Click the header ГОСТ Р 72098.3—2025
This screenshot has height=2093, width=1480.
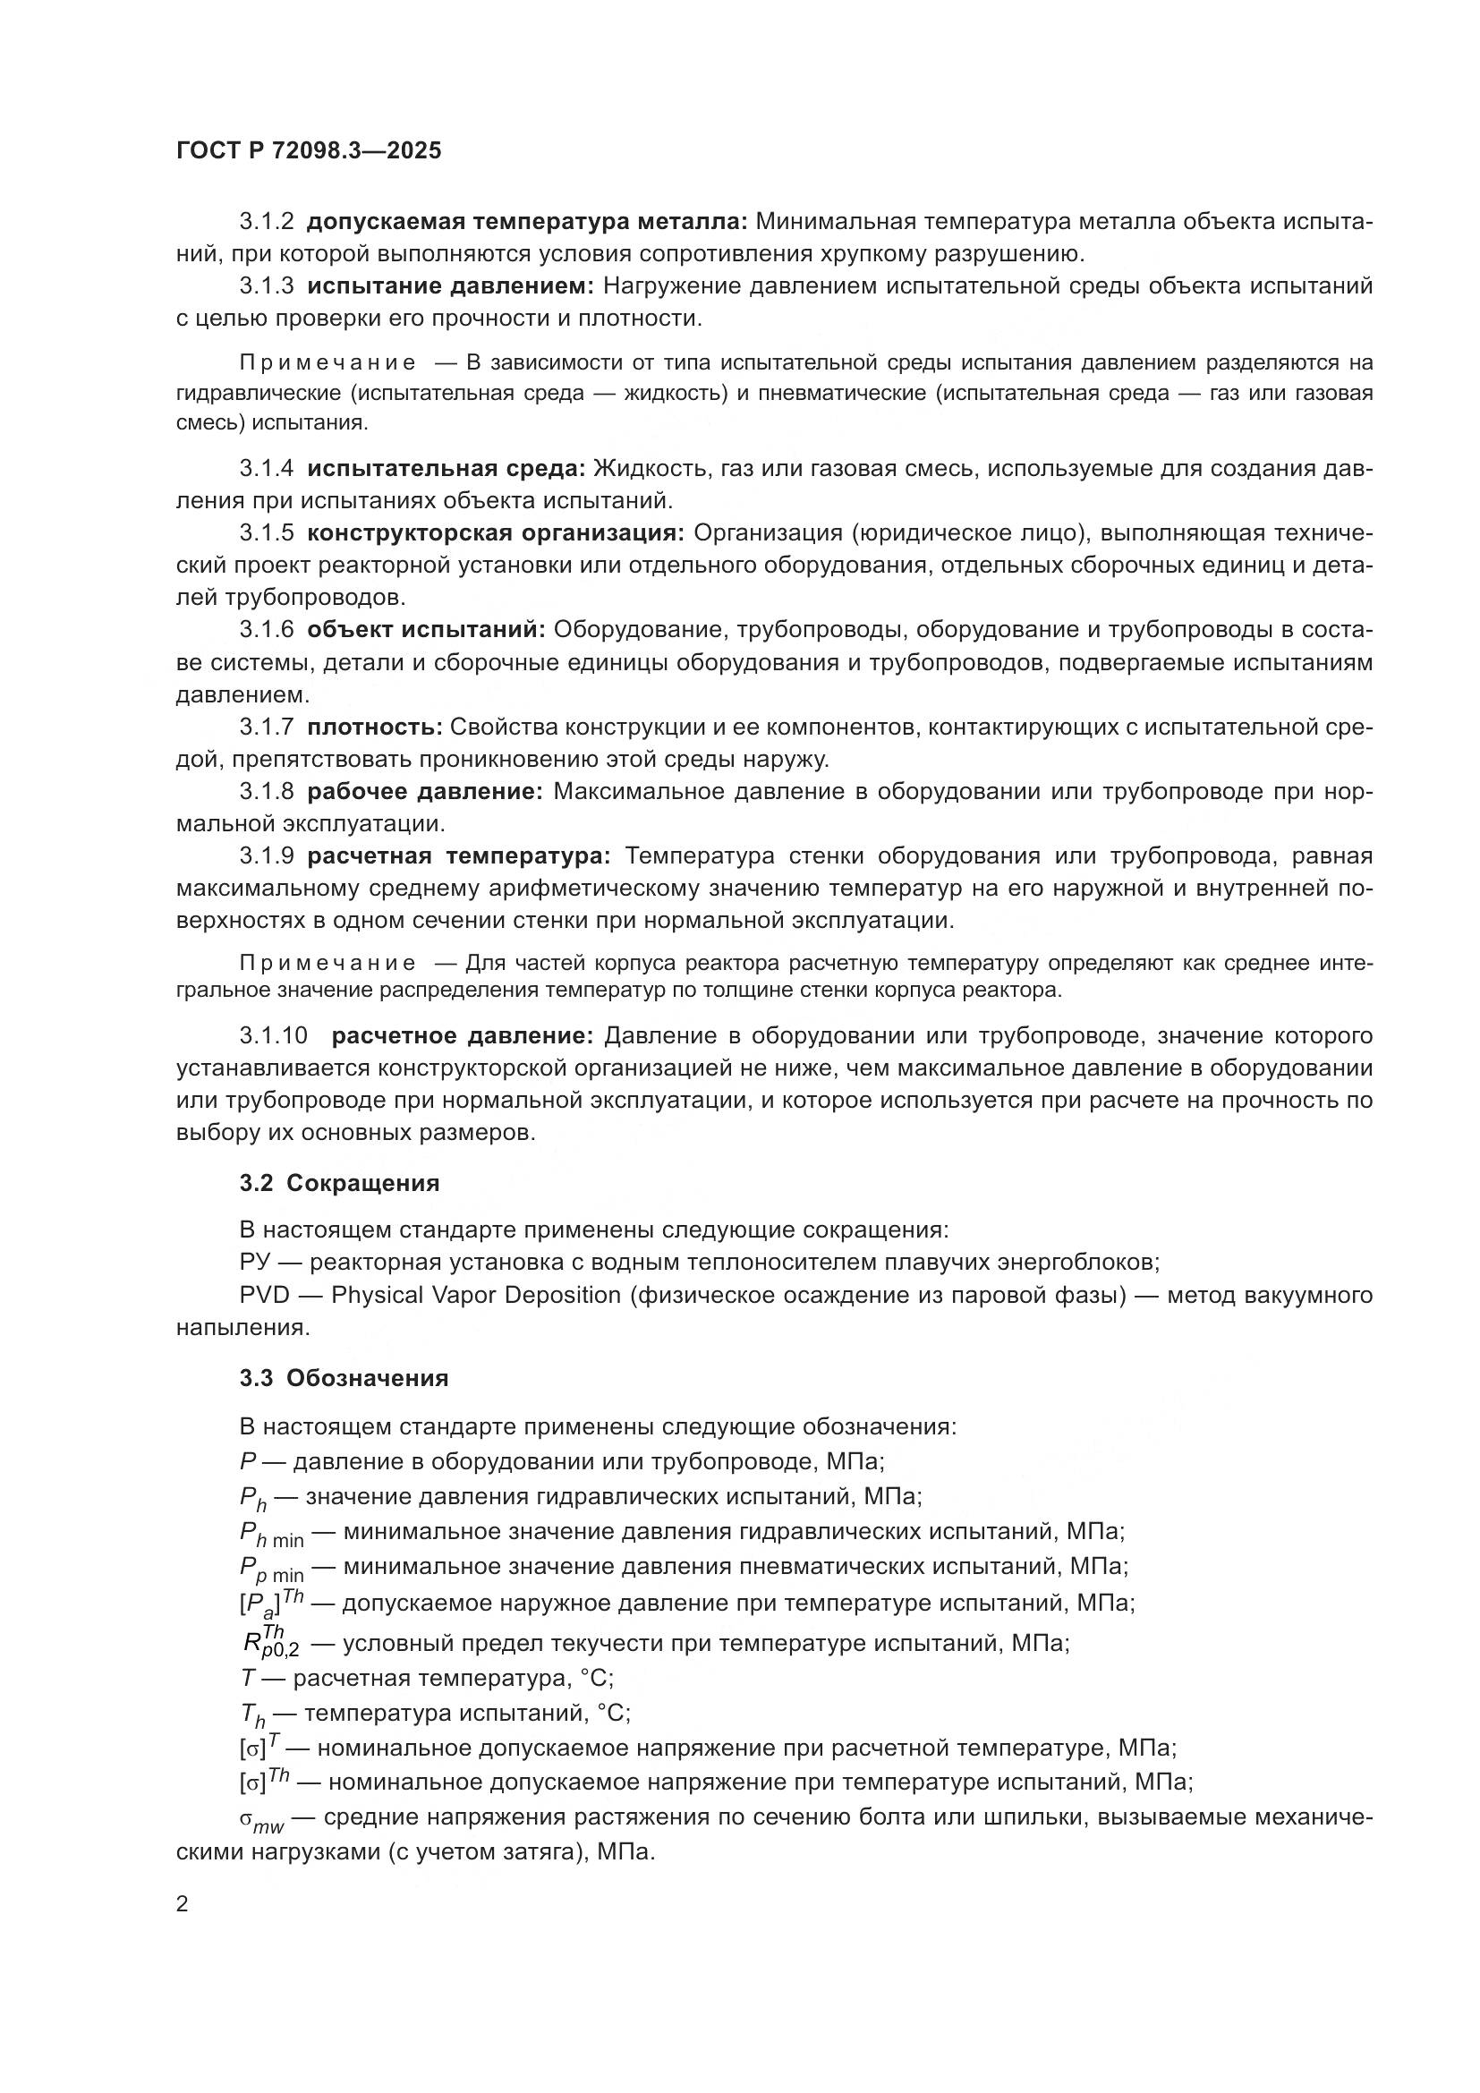coord(308,150)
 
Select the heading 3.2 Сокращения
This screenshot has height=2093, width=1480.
coord(339,1183)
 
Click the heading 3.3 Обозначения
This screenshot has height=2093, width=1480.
coord(344,1377)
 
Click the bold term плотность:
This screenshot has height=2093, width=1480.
coord(375,727)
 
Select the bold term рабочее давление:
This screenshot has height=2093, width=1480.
coord(425,791)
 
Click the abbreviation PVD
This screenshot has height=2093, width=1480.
coord(264,1295)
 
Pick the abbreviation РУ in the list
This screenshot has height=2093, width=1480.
coord(255,1263)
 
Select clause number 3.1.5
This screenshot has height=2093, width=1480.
coord(267,533)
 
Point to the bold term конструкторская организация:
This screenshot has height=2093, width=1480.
coord(496,533)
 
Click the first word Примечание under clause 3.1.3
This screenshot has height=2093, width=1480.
coord(328,362)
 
